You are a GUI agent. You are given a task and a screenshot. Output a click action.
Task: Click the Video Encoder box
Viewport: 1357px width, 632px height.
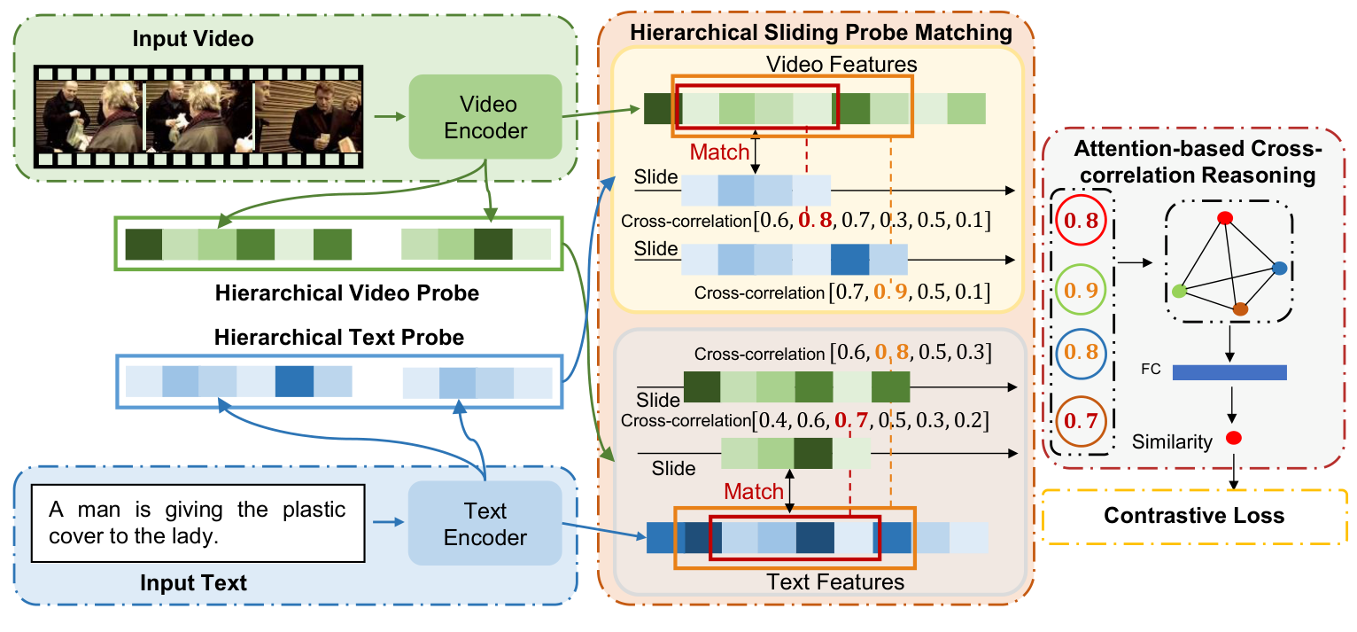point(485,120)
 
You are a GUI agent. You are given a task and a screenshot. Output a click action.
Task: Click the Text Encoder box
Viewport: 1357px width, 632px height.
point(485,524)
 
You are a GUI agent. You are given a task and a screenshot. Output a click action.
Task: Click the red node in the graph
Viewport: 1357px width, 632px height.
point(1225,218)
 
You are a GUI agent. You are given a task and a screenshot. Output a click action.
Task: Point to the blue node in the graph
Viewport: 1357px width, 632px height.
point(1278,268)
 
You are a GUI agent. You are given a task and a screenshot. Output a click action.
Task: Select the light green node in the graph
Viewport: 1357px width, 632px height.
point(1179,291)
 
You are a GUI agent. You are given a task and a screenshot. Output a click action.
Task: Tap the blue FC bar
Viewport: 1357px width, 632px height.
point(1229,372)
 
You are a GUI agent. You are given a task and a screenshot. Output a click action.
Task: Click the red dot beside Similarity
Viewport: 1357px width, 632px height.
point(1232,438)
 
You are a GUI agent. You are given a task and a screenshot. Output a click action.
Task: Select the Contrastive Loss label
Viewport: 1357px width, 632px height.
point(1196,515)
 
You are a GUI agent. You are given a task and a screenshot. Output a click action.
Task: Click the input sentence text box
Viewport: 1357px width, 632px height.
point(198,523)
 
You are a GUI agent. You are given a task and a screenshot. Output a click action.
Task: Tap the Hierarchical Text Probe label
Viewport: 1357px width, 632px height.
point(338,338)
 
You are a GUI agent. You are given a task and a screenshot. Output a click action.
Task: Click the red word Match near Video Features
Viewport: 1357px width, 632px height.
point(719,152)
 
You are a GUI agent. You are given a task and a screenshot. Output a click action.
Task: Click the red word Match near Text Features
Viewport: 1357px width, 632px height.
point(754,491)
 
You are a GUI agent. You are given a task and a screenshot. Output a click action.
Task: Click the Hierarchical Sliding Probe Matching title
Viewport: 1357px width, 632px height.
point(820,34)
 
